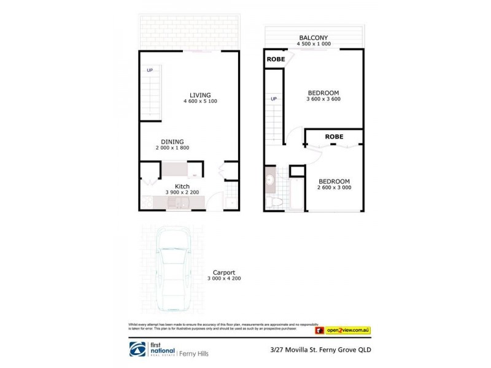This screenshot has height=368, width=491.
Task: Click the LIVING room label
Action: click(x=200, y=95)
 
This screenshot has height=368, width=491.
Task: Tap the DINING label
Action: click(x=172, y=142)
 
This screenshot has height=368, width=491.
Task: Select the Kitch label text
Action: click(x=182, y=186)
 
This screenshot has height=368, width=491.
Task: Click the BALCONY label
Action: click(x=313, y=37)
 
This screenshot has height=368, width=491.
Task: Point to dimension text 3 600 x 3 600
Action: click(x=323, y=99)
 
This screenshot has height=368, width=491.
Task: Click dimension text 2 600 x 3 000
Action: click(x=334, y=188)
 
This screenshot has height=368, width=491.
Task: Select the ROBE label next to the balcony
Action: click(x=274, y=60)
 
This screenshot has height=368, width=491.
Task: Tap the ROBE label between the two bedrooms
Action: click(x=334, y=136)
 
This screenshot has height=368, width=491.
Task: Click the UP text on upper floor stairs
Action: click(x=274, y=99)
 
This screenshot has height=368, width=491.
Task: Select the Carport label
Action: click(x=224, y=274)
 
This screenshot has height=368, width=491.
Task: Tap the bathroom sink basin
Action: click(x=271, y=181)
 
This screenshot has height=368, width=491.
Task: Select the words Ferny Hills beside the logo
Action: click(x=196, y=351)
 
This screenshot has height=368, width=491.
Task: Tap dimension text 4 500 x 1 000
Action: click(x=313, y=44)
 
